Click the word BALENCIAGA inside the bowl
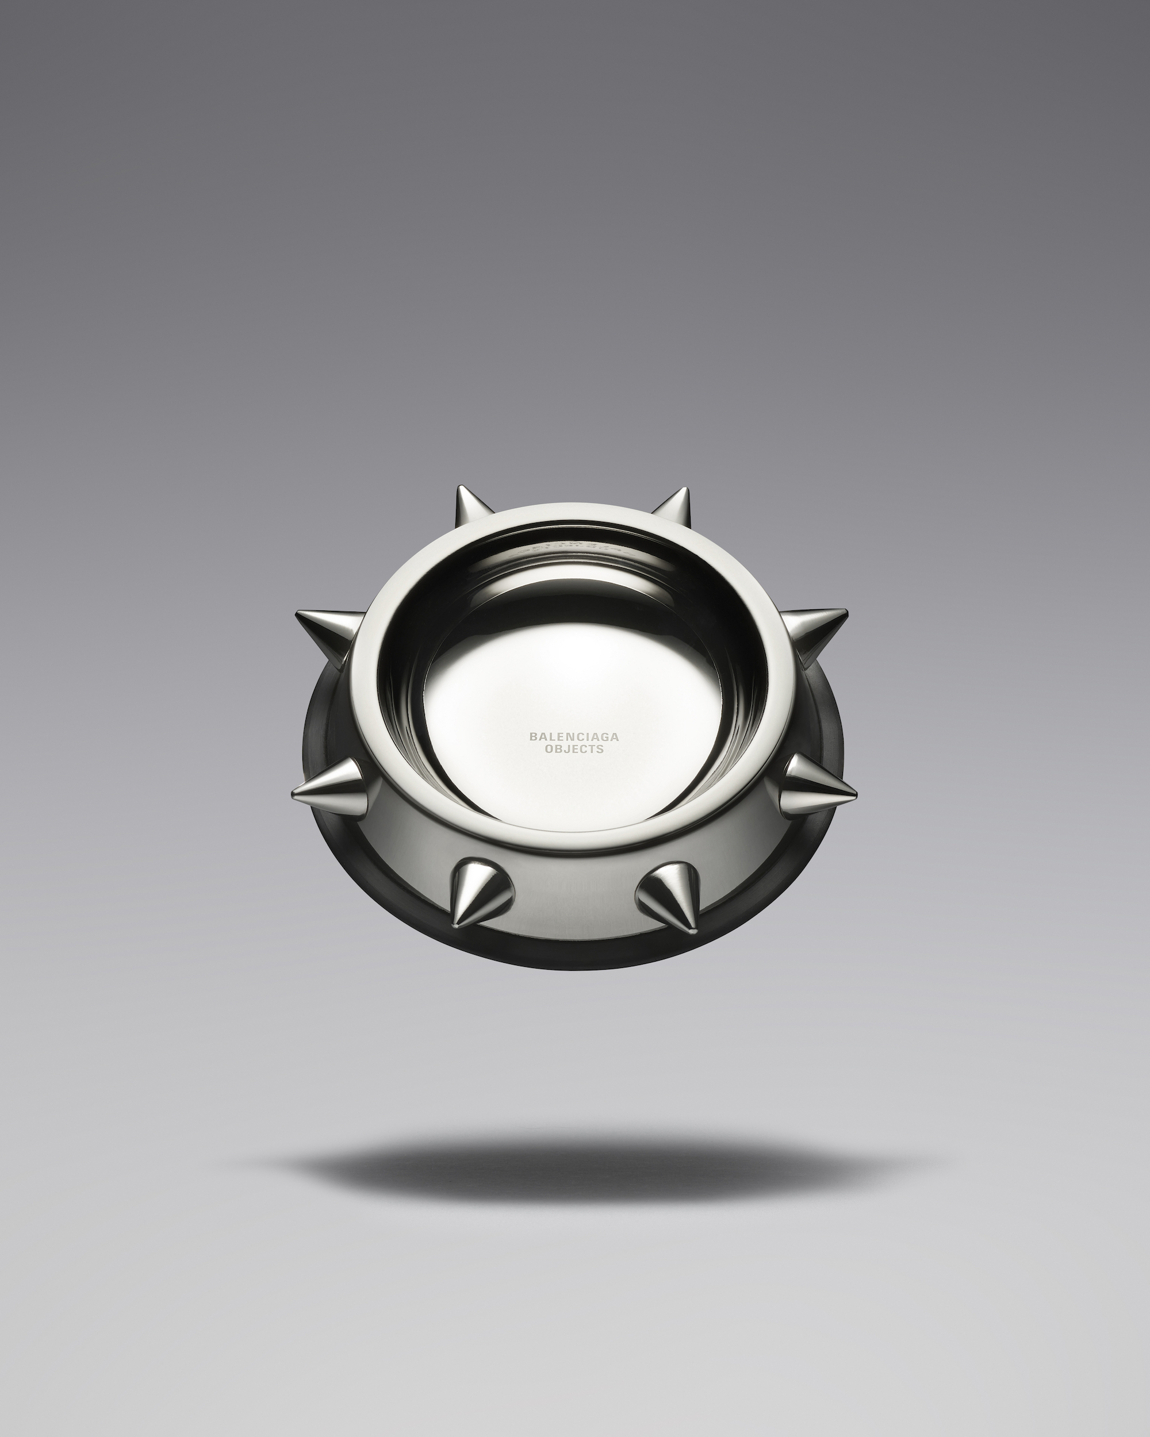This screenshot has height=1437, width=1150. tap(574, 736)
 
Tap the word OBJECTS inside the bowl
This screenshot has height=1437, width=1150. tap(574, 748)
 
